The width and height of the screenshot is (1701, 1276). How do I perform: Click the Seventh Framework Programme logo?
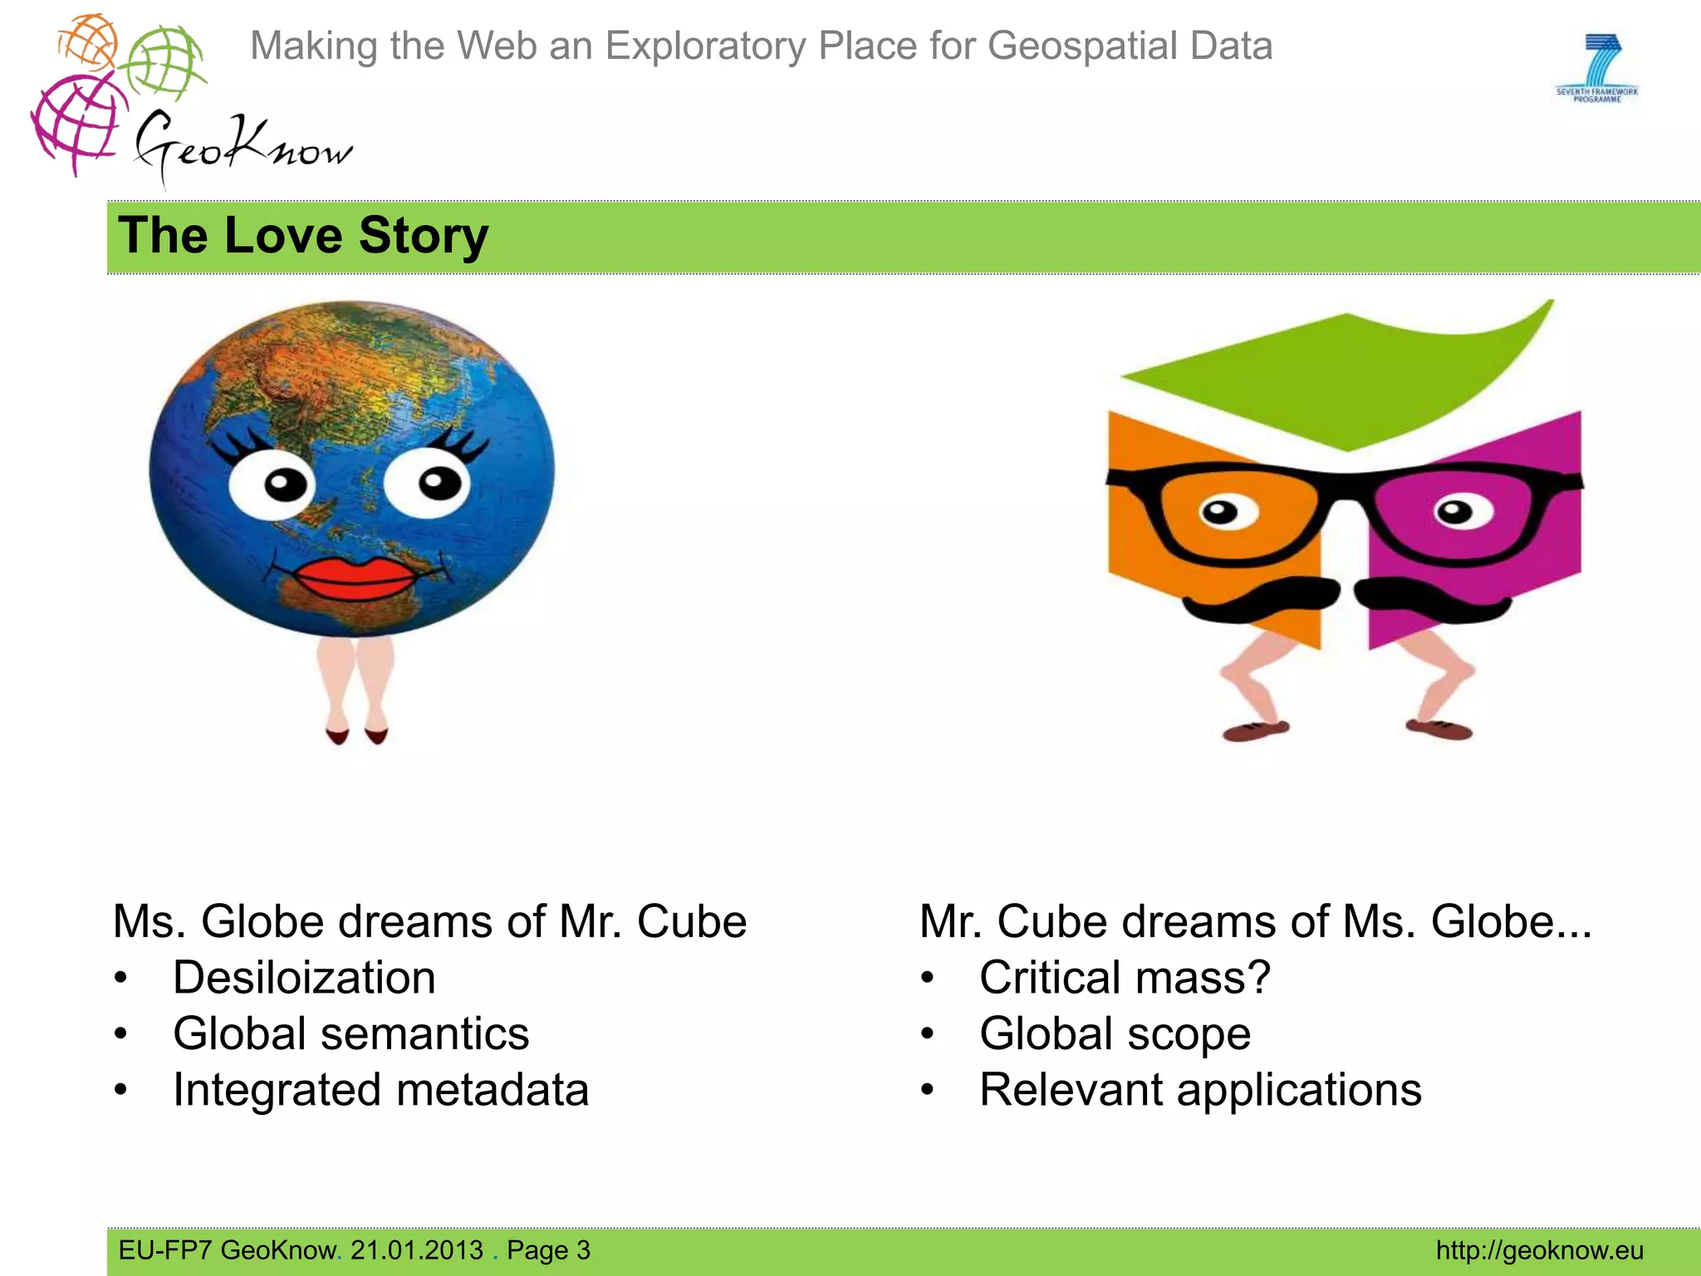click(x=1596, y=68)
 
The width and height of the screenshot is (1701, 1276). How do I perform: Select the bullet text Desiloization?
click(x=304, y=978)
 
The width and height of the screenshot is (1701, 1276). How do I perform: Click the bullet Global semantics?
click(x=350, y=1034)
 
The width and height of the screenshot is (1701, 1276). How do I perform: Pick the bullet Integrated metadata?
click(x=380, y=1090)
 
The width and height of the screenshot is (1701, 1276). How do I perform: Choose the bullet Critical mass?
click(x=1125, y=978)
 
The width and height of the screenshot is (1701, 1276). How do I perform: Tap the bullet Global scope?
click(x=1115, y=1034)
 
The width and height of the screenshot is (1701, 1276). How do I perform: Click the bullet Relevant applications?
click(x=1200, y=1090)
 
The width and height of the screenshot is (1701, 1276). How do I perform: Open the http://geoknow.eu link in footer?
click(x=1539, y=1250)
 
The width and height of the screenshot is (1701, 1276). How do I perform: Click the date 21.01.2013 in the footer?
click(x=416, y=1250)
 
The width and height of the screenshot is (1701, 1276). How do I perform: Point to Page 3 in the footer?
click(x=548, y=1250)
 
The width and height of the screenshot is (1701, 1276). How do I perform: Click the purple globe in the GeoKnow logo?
click(x=77, y=125)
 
